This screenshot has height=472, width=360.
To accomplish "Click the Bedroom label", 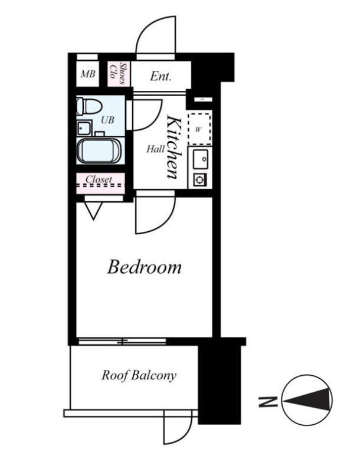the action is coord(144,267).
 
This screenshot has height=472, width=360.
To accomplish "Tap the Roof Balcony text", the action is coord(139,375).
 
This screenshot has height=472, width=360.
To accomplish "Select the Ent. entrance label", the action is coord(161,76).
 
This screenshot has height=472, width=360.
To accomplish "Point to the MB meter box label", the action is coord(88,74).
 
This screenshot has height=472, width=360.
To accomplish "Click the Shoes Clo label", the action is coord(118,73).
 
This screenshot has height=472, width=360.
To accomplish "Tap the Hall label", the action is coord(156,149).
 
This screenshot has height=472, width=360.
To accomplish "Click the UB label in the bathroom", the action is coord(107,120).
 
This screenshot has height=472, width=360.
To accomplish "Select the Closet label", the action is coord(99,179).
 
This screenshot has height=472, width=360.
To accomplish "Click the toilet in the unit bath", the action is coord(89,106).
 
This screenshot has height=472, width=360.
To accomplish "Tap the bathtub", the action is coord(99,151).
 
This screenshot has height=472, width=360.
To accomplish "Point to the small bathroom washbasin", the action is coord(84,129).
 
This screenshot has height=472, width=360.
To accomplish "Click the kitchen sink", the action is coord(200,159).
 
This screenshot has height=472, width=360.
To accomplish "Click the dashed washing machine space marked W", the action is coord(199,129).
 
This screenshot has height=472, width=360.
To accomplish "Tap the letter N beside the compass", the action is coord(268,402).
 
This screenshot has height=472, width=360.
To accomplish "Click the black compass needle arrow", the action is coord(306,400).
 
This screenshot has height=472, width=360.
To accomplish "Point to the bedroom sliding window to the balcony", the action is coord(122,342).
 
